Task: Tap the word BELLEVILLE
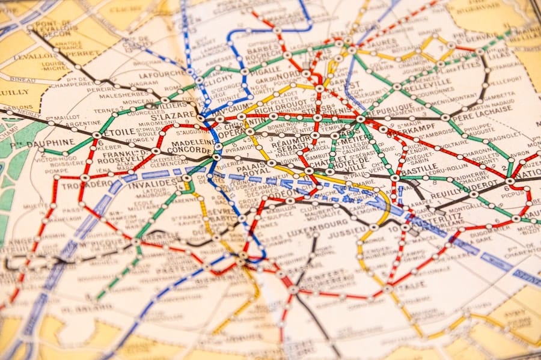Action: click(x=428, y=83)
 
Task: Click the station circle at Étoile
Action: click(x=97, y=135)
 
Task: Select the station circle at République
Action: click(x=361, y=119)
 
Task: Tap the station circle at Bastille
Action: click(x=395, y=178)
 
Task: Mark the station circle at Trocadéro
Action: click(x=85, y=177)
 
